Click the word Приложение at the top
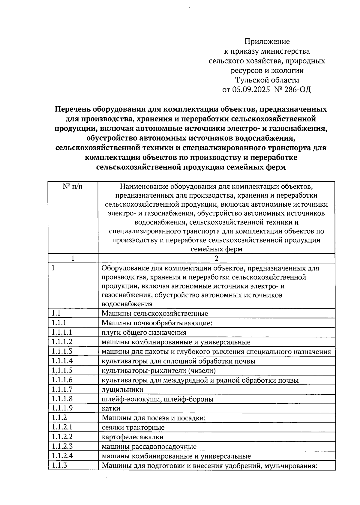(x=267, y=41)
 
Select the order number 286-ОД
(x=298, y=90)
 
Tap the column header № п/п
(x=73, y=187)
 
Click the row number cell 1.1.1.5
(x=62, y=370)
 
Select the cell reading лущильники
(x=122, y=390)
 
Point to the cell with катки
(x=111, y=408)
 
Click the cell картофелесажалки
(x=133, y=437)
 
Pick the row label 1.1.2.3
(x=62, y=446)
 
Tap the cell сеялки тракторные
(x=133, y=427)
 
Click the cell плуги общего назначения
(x=144, y=333)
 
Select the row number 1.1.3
(x=59, y=465)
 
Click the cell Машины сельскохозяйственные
(x=155, y=314)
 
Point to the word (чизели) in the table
(x=202, y=371)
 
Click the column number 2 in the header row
(x=216, y=258)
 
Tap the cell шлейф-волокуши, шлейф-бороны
(x=158, y=399)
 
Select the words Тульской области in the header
(x=267, y=80)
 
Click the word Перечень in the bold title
(x=72, y=109)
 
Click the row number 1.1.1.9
(x=62, y=408)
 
